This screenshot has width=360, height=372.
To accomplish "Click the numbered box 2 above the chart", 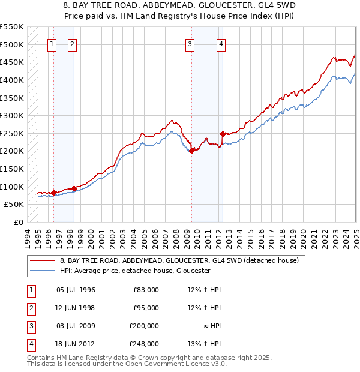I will coord(71,43).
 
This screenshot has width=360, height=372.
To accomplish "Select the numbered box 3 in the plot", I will coord(190,43).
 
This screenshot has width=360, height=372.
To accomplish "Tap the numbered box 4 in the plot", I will coord(221,43).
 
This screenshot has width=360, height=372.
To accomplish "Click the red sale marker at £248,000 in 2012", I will coord(223,134).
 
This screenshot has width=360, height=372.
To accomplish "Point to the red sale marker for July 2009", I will coord(191,151).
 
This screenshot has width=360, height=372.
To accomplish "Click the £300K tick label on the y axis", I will coord(12,115).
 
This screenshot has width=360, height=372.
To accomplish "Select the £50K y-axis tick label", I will coord(14,204).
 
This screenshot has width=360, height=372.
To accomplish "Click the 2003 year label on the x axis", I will coord(122,237).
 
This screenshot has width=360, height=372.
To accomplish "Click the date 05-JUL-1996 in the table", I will coord(76,290).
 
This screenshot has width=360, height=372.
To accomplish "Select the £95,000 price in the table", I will coord(146,308).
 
